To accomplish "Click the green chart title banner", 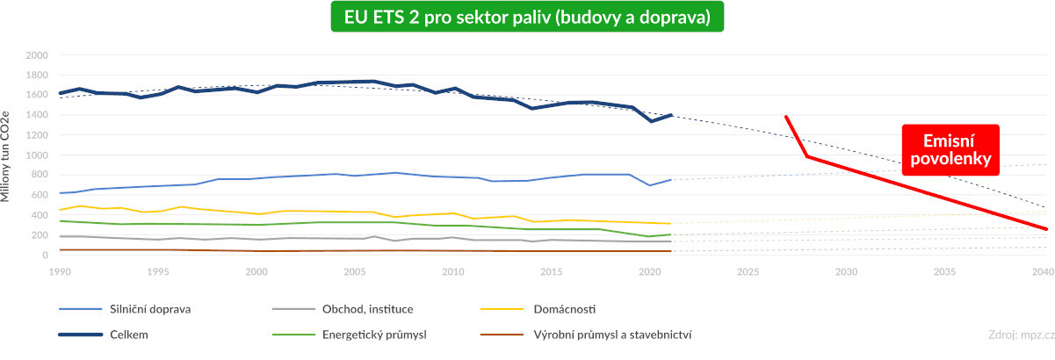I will click(527, 18).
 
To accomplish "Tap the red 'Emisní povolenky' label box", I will click(950, 150).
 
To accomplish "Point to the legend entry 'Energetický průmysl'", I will click(376, 335).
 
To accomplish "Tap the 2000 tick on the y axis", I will click(37, 54).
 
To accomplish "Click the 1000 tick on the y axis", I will click(37, 155).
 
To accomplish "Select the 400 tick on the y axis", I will click(40, 215).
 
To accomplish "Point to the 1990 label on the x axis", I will click(59, 271).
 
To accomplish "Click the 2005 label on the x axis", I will click(354, 271).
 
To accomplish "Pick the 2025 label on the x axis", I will click(748, 271).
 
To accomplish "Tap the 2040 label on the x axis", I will click(1043, 271).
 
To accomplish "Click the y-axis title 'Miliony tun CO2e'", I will click(8, 155).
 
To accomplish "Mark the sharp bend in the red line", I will click(806, 156).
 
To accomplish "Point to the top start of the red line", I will click(786, 116).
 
